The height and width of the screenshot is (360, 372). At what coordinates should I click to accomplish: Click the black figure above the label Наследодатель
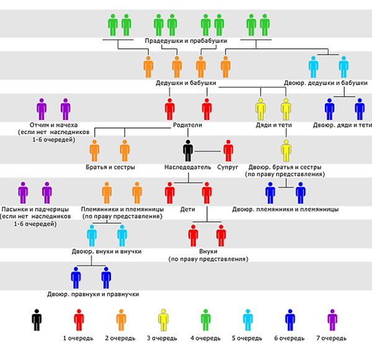(188, 151)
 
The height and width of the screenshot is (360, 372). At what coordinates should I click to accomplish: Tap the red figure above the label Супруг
(228, 151)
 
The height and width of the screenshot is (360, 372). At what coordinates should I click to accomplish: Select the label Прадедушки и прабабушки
(186, 41)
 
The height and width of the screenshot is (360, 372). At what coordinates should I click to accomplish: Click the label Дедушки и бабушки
(186, 83)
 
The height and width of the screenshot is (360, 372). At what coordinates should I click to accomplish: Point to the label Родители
(187, 125)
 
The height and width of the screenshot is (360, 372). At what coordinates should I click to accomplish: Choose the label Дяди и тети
(274, 125)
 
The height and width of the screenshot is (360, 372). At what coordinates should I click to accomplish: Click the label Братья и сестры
(110, 167)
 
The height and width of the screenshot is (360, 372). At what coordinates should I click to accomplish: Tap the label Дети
(188, 209)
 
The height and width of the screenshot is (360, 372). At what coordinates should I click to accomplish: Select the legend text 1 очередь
(78, 338)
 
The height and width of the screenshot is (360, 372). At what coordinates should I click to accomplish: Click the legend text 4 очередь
(205, 338)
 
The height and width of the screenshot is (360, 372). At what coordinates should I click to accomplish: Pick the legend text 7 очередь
(332, 338)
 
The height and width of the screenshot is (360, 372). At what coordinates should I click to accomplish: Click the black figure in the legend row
(37, 320)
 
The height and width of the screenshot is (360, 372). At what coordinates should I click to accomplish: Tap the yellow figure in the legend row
(163, 320)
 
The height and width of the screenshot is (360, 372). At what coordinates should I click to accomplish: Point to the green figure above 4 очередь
(205, 320)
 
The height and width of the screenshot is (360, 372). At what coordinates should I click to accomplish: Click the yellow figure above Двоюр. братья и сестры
(286, 151)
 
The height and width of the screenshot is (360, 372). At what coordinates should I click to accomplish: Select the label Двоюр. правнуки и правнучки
(93, 294)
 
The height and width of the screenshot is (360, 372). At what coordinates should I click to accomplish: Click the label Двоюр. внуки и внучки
(107, 251)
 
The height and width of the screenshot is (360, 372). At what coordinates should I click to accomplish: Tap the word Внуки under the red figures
(208, 251)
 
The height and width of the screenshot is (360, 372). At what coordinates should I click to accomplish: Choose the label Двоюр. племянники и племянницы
(285, 209)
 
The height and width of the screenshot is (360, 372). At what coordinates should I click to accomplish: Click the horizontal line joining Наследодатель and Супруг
(208, 151)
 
